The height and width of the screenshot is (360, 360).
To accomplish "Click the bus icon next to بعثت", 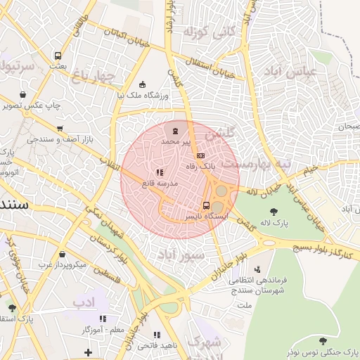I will (57, 56).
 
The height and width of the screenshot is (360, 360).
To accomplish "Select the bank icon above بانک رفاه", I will (201, 155).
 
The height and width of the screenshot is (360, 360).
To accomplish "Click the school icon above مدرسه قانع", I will (160, 172).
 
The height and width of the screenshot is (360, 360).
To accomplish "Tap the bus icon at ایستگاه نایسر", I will (205, 205).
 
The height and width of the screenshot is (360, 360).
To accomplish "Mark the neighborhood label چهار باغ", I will (92, 76).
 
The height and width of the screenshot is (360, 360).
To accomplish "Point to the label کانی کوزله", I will (205, 32).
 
